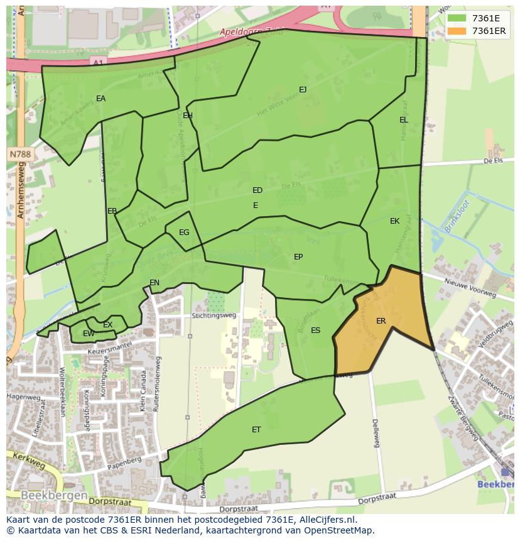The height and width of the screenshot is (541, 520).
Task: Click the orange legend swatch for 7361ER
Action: point(457,31)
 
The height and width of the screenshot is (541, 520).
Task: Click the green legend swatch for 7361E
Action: point(457,18)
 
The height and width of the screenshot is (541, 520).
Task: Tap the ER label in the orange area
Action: point(381,321)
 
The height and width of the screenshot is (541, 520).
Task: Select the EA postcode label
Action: point(100,99)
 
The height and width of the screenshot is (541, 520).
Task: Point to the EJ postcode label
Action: point(303,90)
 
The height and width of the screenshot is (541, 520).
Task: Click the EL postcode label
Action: point(403,120)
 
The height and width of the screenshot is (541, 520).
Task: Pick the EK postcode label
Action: point(394,221)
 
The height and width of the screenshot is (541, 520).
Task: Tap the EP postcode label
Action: point(298,257)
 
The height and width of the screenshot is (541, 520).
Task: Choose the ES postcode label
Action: point(315,331)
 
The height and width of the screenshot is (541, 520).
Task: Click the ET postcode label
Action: point(256,430)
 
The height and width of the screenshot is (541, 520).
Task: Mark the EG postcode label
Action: point(184,232)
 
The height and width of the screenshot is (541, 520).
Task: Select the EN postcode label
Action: point(154,283)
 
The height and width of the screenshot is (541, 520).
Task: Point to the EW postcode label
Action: point(89,334)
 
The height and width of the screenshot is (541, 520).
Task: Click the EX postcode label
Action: point(107,325)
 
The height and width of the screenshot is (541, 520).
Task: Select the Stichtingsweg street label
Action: point(214,315)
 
